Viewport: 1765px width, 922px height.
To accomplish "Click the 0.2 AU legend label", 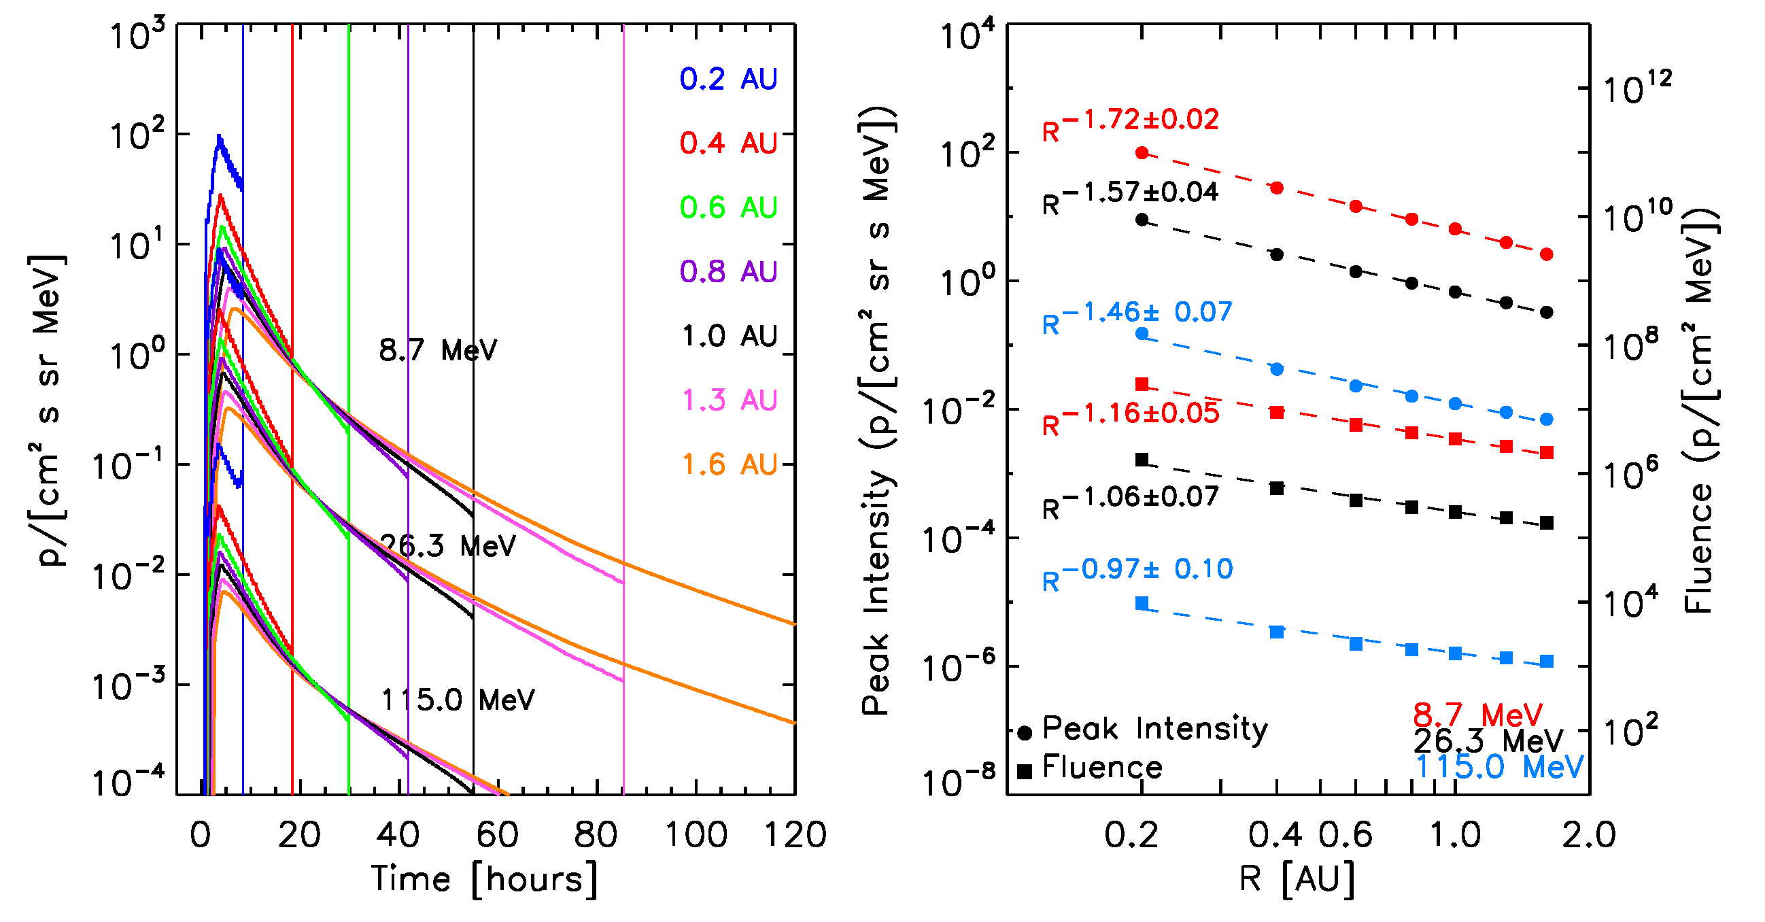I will pos(727,80).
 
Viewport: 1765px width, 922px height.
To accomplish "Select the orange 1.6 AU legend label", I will pos(729,464).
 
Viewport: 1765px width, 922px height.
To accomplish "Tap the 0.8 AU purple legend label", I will pos(727,272).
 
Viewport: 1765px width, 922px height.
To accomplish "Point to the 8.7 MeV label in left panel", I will pos(438,351).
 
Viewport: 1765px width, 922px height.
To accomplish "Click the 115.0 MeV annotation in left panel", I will pos(458,700).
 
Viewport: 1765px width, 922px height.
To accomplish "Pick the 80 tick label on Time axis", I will pos(596,835).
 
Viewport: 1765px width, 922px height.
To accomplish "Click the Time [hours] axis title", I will pos(484,879).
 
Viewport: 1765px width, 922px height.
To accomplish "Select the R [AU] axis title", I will pos(1297,879).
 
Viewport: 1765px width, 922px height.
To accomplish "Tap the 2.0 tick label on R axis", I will pos(1588,835).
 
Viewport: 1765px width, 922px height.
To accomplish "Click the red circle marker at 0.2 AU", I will pos(1142,153).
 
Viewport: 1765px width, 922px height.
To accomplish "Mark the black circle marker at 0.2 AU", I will pos(1142,220).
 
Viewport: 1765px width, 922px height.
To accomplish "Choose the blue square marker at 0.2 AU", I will pos(1142,604).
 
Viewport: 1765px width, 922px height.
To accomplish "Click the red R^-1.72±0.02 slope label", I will pos(1131,123).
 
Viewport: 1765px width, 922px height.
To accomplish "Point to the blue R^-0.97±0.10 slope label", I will pos(1137,573).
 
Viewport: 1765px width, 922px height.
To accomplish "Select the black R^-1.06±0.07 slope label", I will pos(1131,500).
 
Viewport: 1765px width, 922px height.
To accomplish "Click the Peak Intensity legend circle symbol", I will pos(1025,733).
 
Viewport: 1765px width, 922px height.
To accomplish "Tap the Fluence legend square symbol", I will pos(1025,772).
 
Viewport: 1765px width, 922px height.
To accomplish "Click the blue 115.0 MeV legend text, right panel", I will pos(1499,767).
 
